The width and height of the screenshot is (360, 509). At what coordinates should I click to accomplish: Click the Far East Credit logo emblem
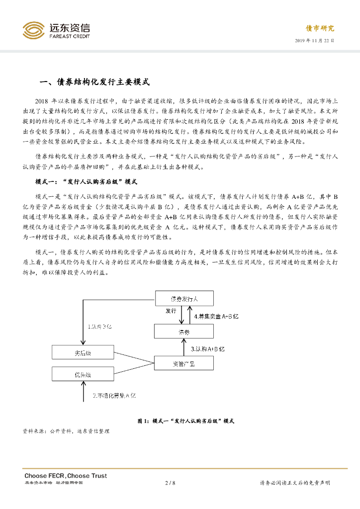coord(33,31)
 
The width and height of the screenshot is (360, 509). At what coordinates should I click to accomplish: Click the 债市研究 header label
coord(319,28)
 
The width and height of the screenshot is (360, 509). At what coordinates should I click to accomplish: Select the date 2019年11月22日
coord(314,40)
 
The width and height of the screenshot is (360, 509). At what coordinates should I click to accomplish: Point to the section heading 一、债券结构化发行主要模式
coord(94,82)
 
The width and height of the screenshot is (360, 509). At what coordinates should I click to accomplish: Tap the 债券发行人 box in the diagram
coord(184,299)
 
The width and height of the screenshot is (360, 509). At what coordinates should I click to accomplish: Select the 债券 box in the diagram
coord(184,332)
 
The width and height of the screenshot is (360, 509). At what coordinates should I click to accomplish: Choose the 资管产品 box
coord(184,364)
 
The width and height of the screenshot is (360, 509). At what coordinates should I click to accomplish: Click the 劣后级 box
coord(84,353)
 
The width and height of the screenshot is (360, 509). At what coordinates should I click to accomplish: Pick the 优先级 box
coord(84,374)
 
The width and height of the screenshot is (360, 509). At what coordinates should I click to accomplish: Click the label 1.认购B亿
coord(100,327)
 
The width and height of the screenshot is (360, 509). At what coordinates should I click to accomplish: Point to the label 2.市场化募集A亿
coord(114,395)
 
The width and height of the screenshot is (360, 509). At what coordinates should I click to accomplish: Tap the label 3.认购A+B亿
coord(208,349)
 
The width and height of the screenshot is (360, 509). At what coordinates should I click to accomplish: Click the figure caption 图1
coord(185,421)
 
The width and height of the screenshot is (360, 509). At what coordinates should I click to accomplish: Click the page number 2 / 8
coord(170,483)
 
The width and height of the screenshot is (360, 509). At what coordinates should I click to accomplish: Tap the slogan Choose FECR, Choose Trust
coord(66,476)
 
